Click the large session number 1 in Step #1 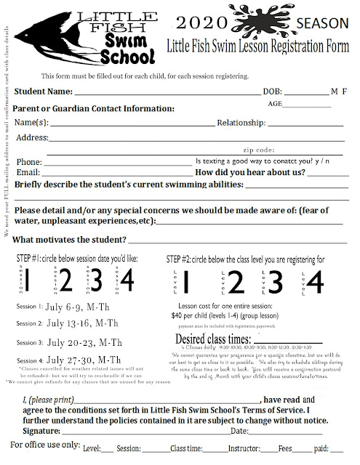[x=27, y=278]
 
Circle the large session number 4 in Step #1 [x=127, y=278]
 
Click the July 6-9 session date [x=80, y=308]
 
